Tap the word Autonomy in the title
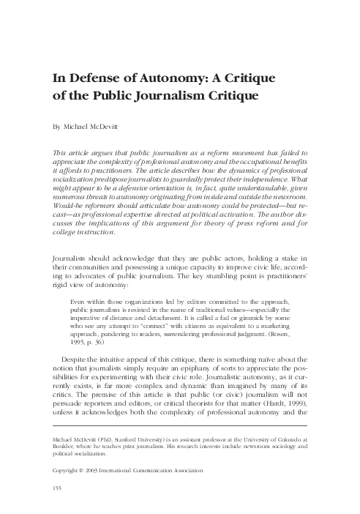168,79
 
